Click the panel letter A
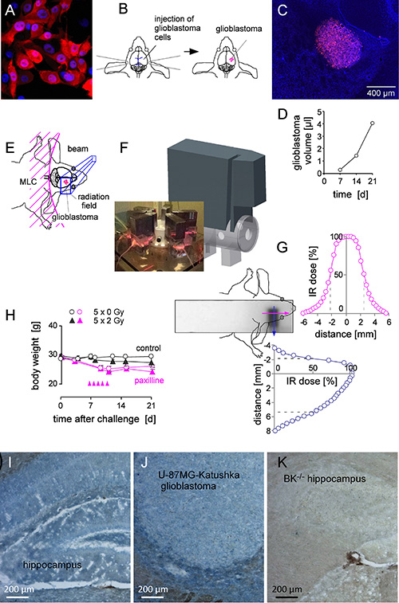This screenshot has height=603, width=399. pyautogui.click(x=10, y=10)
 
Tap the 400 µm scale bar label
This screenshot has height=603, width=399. pyautogui.click(x=381, y=92)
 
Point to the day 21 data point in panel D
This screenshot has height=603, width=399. pyautogui.click(x=373, y=123)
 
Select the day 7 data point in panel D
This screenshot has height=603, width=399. pyautogui.click(x=340, y=170)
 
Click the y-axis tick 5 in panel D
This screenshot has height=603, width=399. pyautogui.click(x=319, y=112)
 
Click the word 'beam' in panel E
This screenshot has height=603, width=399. pyautogui.click(x=77, y=149)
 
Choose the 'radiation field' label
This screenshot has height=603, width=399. pyautogui.click(x=93, y=201)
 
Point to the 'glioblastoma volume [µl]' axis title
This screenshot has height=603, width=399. pyautogui.click(x=303, y=143)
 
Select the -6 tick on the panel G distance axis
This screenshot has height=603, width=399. pyautogui.click(x=303, y=323)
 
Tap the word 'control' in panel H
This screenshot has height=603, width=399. pyautogui.click(x=148, y=348)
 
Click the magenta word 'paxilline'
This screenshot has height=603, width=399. pyautogui.click(x=149, y=380)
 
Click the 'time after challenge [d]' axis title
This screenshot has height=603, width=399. pyautogui.click(x=105, y=418)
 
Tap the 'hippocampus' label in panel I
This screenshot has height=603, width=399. pyautogui.click(x=52, y=565)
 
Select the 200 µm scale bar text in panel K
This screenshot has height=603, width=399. pyautogui.click(x=287, y=589)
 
